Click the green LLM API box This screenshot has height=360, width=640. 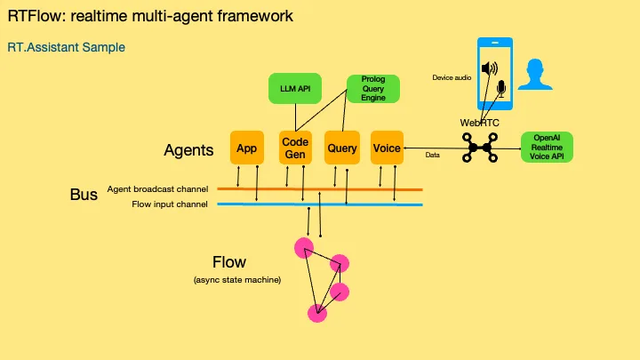click(x=296, y=88)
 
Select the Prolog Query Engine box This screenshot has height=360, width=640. click(x=372, y=88)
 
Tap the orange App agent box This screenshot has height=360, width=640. click(x=246, y=148)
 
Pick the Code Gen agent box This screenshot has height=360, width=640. click(x=294, y=148)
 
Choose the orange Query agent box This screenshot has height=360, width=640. click(x=341, y=148)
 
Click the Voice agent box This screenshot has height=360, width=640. click(x=387, y=148)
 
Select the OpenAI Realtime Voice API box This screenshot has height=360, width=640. click(x=547, y=148)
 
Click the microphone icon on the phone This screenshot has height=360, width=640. click(x=500, y=89)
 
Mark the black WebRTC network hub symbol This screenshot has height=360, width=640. click(x=481, y=148)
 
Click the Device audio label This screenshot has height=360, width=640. click(x=451, y=78)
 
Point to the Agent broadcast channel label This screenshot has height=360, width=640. click(x=157, y=188)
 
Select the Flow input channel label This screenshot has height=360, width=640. click(x=170, y=204)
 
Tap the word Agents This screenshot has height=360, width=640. click(x=188, y=150)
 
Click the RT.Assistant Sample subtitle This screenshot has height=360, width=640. click(x=66, y=46)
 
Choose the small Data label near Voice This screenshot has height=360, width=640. click(x=433, y=155)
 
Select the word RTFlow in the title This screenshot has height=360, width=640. click(x=34, y=16)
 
